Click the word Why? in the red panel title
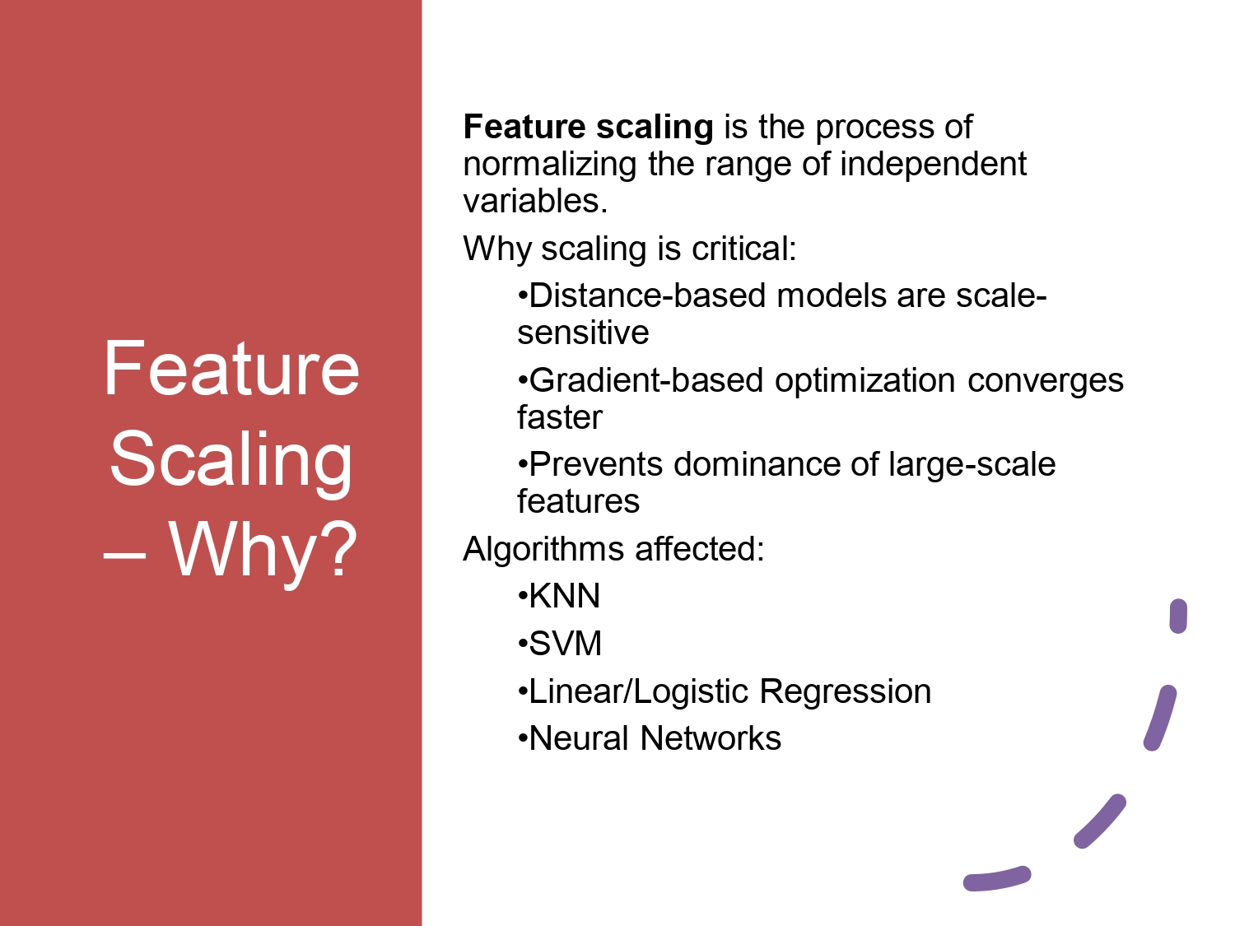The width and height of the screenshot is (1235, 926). point(263,549)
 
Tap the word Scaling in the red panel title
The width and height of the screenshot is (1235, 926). point(231,459)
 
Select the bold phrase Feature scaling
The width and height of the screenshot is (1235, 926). point(588,127)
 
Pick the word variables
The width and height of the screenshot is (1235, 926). point(534,201)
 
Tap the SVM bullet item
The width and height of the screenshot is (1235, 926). point(565,644)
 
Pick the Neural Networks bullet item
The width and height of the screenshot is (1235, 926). point(654,738)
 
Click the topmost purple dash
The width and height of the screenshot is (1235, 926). point(1178,617)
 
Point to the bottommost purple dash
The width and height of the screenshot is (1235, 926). point(996,878)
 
